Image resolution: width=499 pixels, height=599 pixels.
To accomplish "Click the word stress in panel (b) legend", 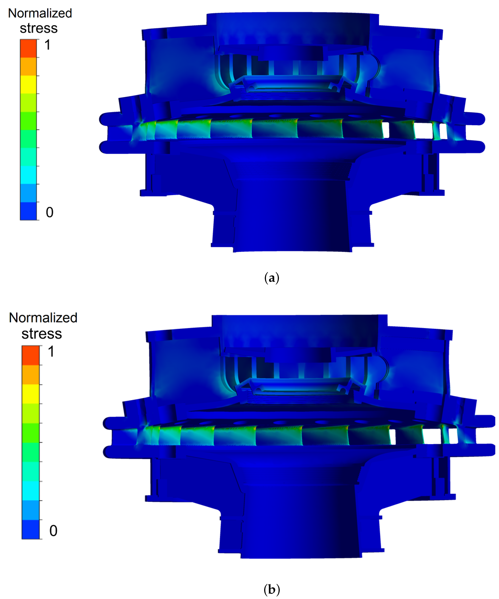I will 42,334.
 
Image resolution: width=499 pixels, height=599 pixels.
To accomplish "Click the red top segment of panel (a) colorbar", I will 28,48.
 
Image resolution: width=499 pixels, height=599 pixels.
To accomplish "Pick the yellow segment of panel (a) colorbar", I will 28,84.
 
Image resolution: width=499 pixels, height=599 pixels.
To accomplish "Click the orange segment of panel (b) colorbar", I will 30,375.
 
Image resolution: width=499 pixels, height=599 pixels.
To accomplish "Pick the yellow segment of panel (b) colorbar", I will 30,394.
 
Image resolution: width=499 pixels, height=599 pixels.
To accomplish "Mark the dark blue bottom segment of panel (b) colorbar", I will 30,529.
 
